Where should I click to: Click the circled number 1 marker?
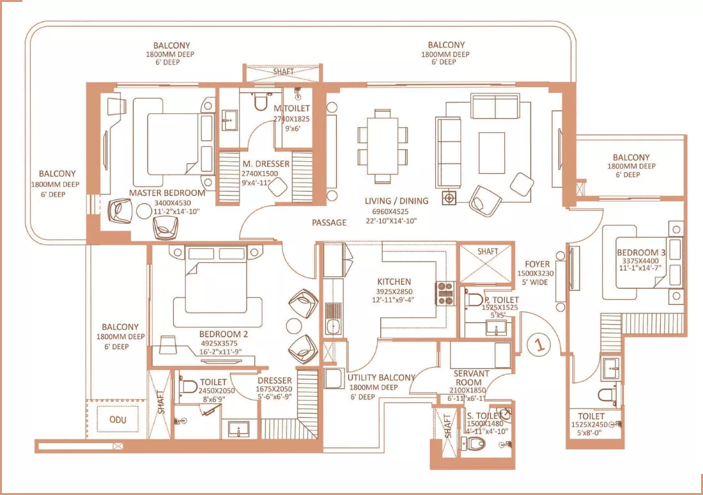(x=539, y=345)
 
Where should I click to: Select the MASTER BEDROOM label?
(x=167, y=192)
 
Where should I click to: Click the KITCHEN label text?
(x=394, y=281)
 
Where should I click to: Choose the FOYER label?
(x=537, y=263)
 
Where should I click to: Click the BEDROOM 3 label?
(x=640, y=253)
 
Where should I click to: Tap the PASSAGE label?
(x=329, y=223)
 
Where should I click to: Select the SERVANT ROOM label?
(x=471, y=377)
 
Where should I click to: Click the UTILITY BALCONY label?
(x=381, y=378)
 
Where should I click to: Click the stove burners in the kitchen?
(x=444, y=293)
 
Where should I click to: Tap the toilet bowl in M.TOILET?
(x=261, y=103)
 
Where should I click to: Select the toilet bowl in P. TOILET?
(x=474, y=299)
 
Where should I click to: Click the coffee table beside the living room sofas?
(x=492, y=149)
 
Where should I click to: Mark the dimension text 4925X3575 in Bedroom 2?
(x=223, y=343)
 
